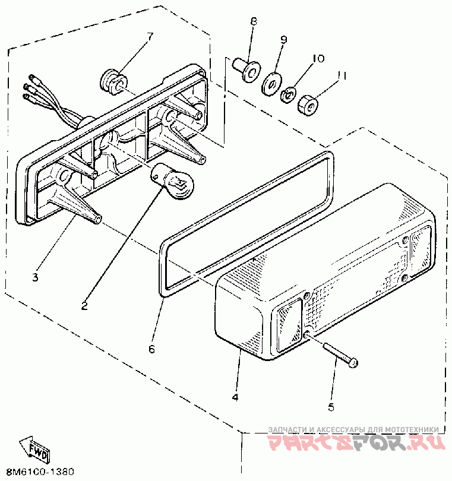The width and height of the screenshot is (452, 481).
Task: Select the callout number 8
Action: (254, 21)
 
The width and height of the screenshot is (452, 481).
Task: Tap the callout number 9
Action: (283, 40)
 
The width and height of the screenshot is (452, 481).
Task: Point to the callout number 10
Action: (318, 58)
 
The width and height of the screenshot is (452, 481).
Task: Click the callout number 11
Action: (341, 75)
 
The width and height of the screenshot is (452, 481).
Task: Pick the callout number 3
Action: (35, 277)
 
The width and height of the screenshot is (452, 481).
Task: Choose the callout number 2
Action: (84, 306)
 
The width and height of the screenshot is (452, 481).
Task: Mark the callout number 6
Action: (151, 349)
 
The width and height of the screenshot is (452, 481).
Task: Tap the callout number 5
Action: (331, 407)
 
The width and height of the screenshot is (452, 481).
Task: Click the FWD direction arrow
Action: (35, 447)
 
